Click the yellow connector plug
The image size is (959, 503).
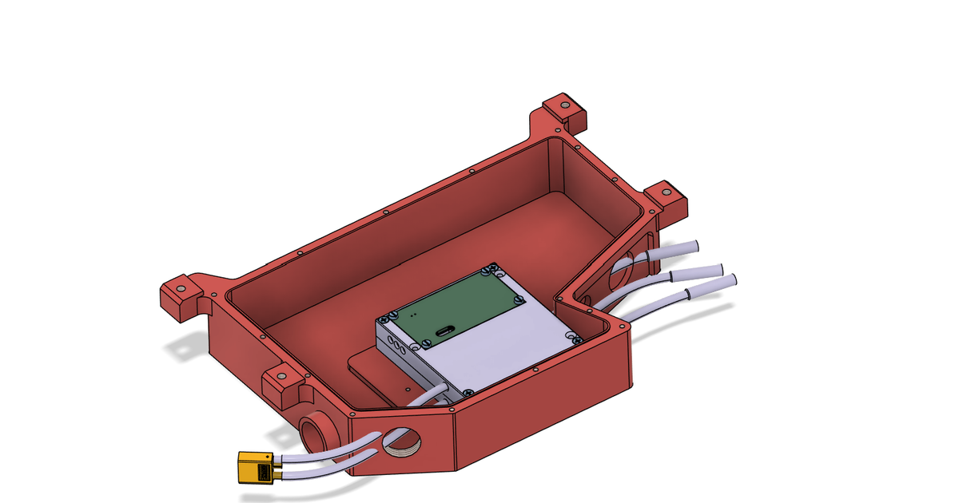point(255,469)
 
